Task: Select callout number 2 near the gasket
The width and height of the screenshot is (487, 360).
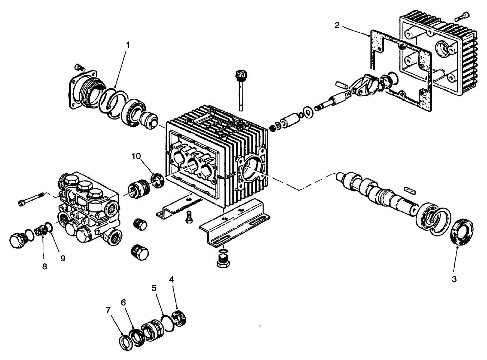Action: coord(337,25)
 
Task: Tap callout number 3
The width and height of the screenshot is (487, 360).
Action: coord(454,279)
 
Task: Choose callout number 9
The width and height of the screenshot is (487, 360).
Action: coord(62,258)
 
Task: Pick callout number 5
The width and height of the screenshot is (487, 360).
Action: coord(154,288)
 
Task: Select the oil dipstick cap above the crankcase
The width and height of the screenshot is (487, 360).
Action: coord(239,76)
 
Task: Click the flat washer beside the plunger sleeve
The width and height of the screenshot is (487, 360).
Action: coord(307,111)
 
